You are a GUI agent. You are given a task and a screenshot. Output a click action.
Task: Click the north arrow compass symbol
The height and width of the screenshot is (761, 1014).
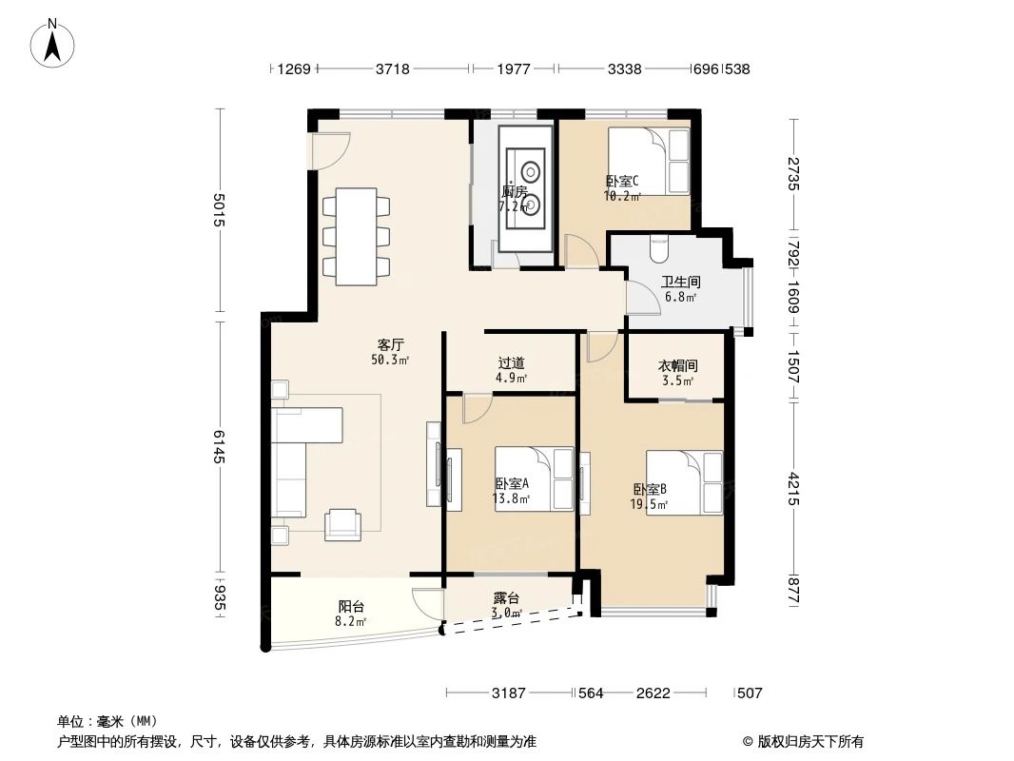[54, 43]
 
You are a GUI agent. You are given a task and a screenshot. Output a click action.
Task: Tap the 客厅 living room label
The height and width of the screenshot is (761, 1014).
[390, 346]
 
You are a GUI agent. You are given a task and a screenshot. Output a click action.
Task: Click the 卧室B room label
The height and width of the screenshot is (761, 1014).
[651, 490]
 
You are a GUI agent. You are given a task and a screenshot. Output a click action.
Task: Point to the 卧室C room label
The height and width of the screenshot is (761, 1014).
[622, 183]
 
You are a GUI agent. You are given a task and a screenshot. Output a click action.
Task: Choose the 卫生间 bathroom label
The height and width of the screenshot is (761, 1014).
[680, 283]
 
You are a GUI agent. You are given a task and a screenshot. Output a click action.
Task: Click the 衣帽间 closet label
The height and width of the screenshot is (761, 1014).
[677, 366]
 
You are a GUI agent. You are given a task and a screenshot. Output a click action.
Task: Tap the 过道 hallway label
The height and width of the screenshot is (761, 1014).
[511, 363]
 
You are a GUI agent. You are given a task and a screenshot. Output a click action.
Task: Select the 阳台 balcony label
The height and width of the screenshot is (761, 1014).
[351, 607]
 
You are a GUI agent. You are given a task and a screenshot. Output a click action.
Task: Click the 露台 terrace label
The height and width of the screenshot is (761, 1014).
[506, 598]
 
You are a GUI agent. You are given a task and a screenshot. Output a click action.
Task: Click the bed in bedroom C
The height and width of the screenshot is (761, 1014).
[648, 161]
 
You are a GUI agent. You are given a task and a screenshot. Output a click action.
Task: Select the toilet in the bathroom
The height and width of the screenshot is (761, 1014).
[658, 247]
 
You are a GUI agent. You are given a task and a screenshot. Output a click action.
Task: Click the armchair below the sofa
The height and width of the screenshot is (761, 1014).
[342, 524]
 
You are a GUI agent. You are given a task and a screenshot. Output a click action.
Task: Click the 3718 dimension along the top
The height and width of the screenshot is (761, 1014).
[393, 68]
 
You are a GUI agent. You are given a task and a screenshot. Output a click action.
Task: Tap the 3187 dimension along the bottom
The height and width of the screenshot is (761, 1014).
[509, 693]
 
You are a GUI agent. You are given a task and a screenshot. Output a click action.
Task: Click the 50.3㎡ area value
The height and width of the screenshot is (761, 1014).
[390, 360]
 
